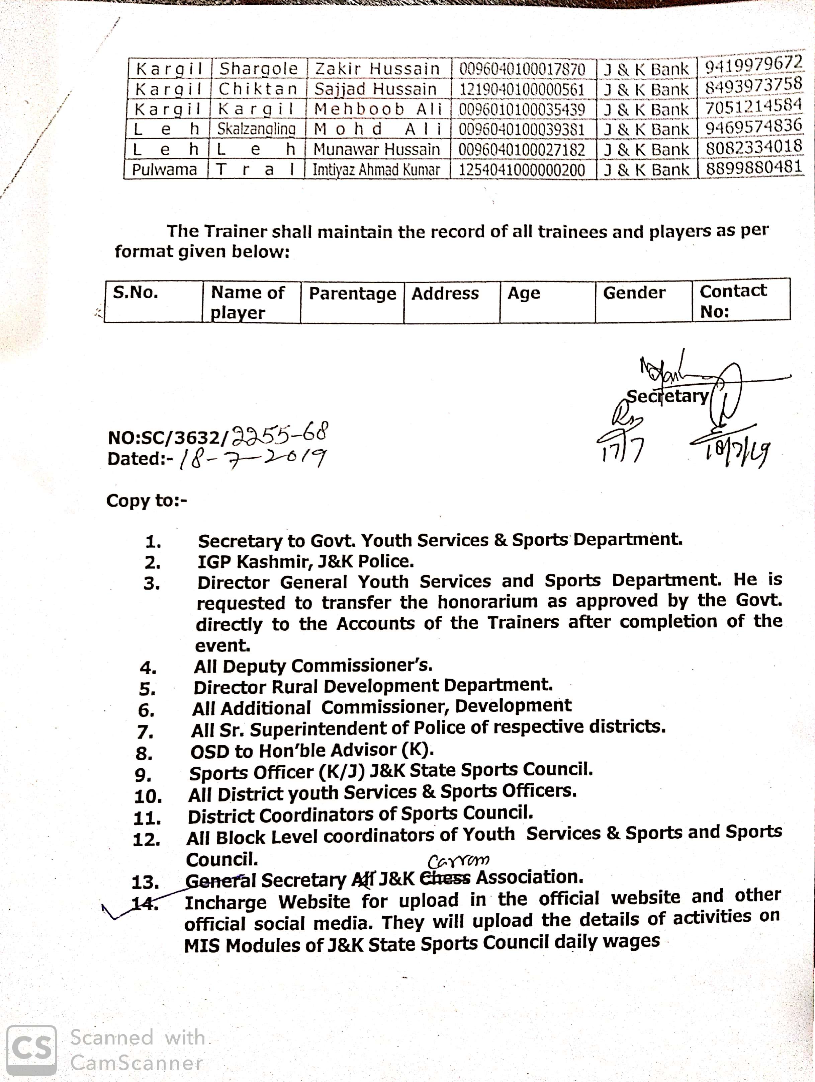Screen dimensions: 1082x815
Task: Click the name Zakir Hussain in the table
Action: (x=377, y=69)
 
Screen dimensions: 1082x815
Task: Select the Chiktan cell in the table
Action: (x=258, y=89)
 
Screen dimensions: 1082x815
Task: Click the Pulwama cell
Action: (x=165, y=170)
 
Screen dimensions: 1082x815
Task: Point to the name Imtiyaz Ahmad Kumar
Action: (x=376, y=170)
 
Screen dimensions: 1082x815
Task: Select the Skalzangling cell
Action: (x=256, y=129)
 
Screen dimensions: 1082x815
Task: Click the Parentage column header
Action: (x=352, y=294)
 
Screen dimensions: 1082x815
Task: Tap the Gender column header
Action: (x=634, y=293)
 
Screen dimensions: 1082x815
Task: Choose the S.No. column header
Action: (x=135, y=293)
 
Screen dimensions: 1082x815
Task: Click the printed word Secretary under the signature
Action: (x=667, y=396)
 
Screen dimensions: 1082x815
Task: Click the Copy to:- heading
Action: (x=147, y=501)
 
